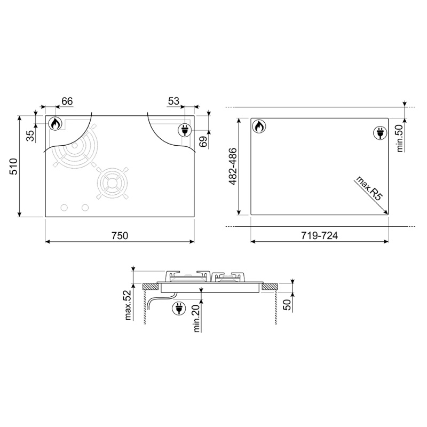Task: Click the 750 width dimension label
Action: click(120, 235)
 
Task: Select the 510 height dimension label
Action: click(13, 166)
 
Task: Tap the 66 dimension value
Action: click(67, 101)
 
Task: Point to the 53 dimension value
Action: click(173, 101)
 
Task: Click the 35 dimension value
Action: click(30, 136)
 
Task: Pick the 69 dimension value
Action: click(203, 141)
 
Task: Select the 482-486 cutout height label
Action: click(233, 167)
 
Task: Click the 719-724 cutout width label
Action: click(319, 235)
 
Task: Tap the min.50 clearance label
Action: click(399, 138)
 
